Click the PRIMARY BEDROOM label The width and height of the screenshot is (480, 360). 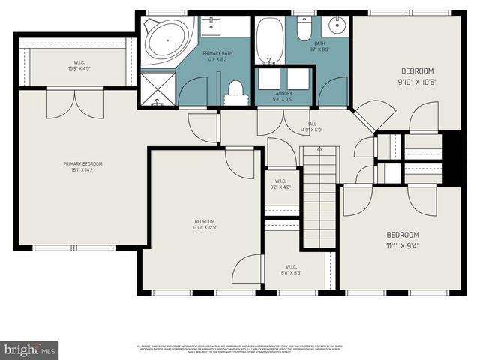click(x=82, y=163)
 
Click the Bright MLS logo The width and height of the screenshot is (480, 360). click(x=30, y=350)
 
